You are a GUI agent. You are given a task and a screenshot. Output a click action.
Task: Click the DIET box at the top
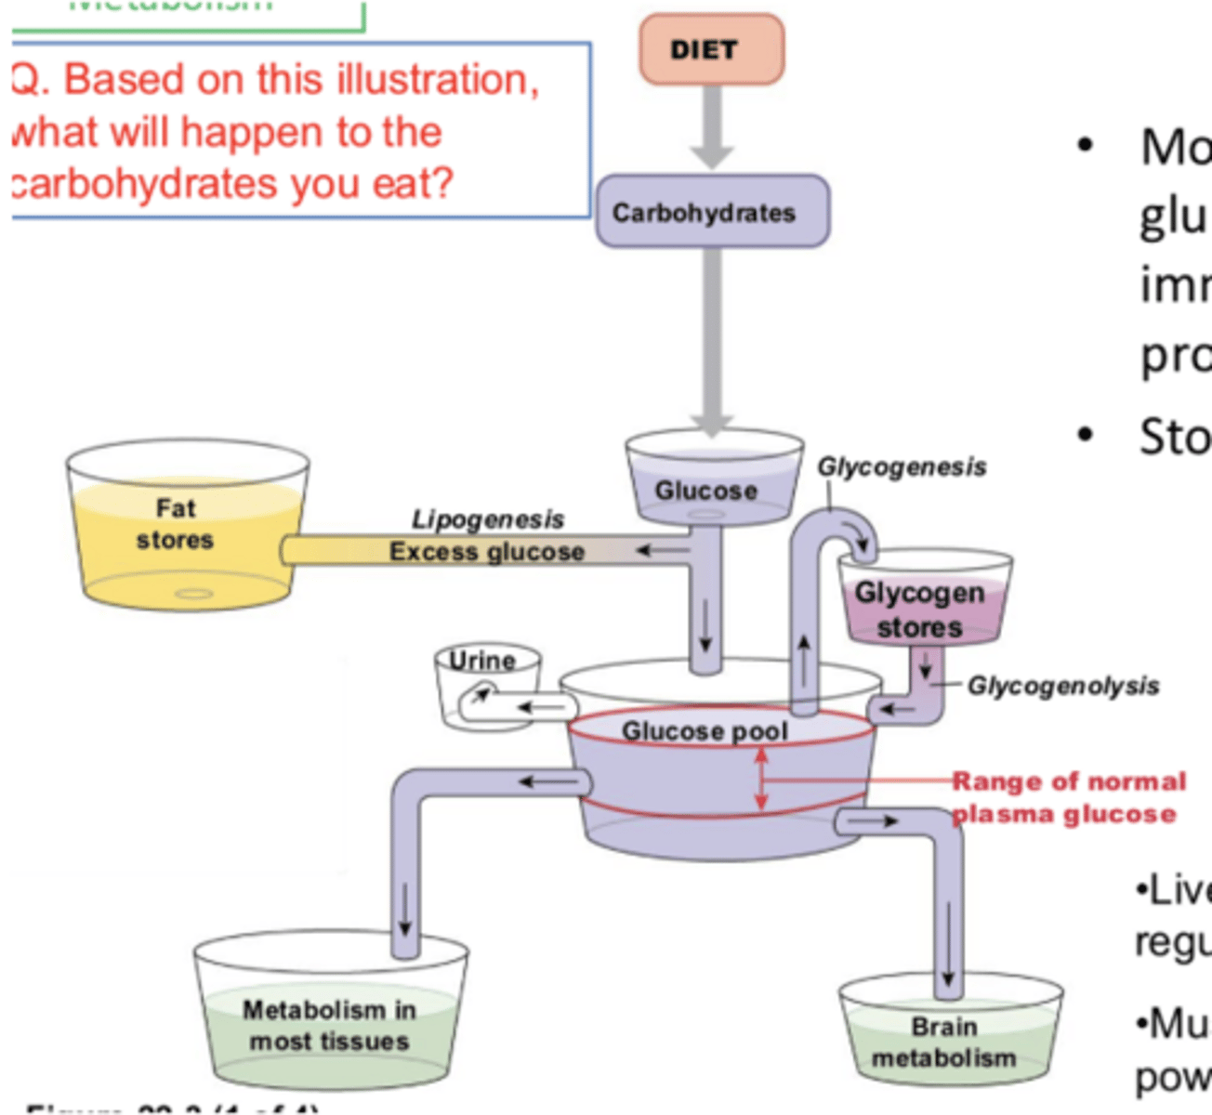[711, 49]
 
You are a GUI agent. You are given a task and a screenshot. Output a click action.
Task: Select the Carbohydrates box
[712, 212]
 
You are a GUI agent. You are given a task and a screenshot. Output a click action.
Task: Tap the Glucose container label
[705, 491]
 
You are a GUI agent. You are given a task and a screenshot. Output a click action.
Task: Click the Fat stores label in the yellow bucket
[175, 524]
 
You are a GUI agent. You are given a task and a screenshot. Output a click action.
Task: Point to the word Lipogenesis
[487, 519]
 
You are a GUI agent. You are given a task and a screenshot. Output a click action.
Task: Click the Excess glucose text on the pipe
[486, 552]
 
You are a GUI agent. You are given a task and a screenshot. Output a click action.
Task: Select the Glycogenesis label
[902, 466]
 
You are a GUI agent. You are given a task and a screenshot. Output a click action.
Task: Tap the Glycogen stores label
[919, 610]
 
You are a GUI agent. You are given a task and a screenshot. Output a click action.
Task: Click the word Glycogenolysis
[1062, 686]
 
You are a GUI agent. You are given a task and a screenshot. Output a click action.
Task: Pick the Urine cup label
[481, 661]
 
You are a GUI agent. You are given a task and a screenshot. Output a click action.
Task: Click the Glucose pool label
[704, 731]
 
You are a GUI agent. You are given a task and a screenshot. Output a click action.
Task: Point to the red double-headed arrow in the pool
[761, 779]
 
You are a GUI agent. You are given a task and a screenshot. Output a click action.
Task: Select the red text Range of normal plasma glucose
[1067, 797]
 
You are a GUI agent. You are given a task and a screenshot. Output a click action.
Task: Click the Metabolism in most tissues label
[329, 1025]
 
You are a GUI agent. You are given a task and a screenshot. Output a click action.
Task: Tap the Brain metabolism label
[943, 1042]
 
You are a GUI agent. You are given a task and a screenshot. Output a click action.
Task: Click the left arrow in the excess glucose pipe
[661, 551]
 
